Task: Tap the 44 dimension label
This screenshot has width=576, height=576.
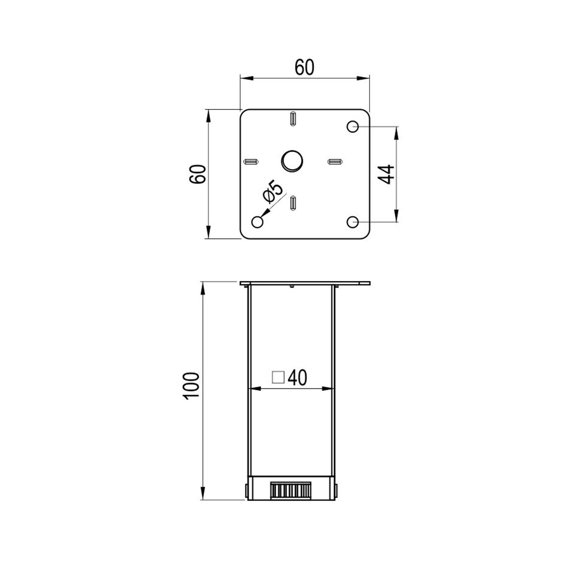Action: coord(385,174)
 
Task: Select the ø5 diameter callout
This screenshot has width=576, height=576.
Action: coord(273,192)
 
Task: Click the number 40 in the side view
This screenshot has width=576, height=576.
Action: coord(298,378)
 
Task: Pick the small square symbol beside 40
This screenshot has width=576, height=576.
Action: coord(278,377)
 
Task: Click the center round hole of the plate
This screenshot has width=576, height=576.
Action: coord(292,160)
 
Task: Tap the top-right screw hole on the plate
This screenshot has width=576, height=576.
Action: coord(353,126)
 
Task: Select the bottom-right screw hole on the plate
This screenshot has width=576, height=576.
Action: coord(353,222)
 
